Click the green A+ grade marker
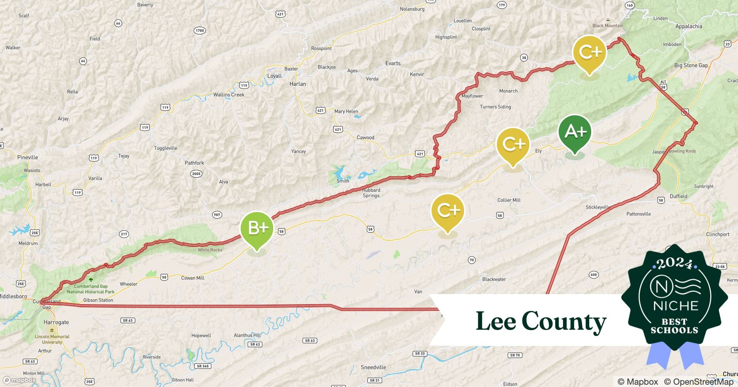click(575, 132)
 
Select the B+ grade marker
click(257, 229)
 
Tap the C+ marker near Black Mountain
click(589, 53)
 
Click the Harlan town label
click(298, 84)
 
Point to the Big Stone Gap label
click(691, 65)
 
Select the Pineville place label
click(28, 158)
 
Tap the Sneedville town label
click(373, 367)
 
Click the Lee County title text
click(541, 321)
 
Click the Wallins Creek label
click(229, 95)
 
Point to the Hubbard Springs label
click(371, 193)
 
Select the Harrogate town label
click(56, 322)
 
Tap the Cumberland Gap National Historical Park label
click(91, 289)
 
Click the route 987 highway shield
click(217, 215)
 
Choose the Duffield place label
click(678, 196)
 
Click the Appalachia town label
click(689, 26)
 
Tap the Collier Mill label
click(509, 200)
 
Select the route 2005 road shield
click(196, 174)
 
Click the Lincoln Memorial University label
click(52, 339)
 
